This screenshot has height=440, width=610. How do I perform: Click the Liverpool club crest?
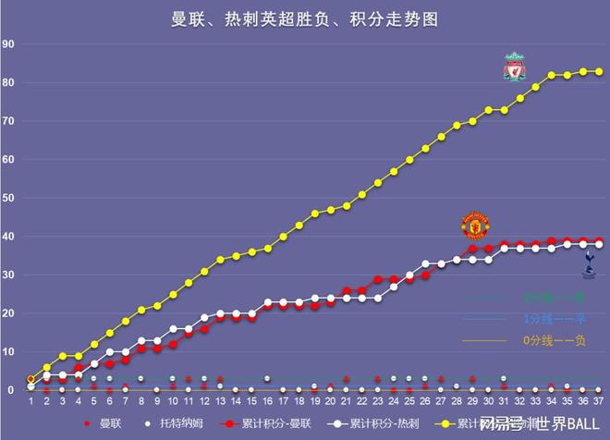[514, 67]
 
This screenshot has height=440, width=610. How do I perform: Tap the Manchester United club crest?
[475, 225]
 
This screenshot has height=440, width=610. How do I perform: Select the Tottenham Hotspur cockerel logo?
[589, 267]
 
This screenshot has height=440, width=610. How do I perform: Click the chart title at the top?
[305, 19]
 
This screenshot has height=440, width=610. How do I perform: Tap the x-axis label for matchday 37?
[599, 401]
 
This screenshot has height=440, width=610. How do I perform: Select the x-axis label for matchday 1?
[30, 401]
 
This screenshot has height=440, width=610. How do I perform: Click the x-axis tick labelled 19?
[314, 401]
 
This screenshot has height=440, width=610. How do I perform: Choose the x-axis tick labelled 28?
[457, 401]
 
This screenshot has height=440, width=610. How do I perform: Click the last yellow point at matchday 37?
[599, 71]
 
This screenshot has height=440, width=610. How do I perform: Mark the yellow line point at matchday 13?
[220, 260]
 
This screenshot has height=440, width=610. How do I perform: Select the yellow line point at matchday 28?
[457, 125]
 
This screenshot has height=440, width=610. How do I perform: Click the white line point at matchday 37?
[599, 244]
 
